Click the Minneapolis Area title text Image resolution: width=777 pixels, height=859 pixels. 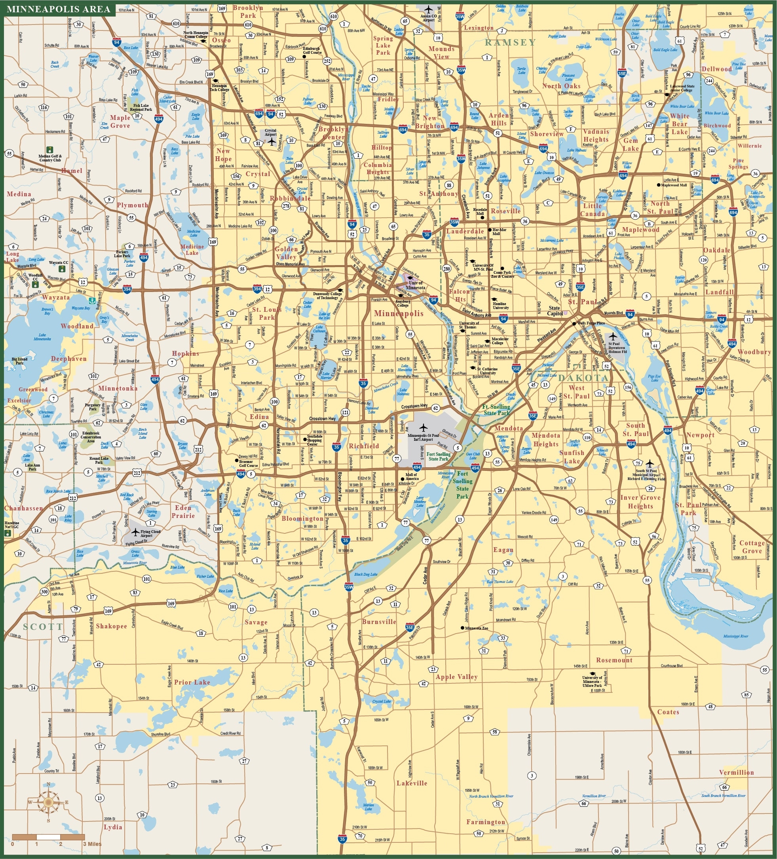pyautogui.click(x=59, y=9)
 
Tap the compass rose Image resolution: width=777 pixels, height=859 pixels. pyautogui.click(x=48, y=802)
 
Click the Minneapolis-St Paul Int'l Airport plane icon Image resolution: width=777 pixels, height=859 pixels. pyautogui.click(x=423, y=427)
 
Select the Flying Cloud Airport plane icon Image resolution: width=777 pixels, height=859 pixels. pyautogui.click(x=135, y=532)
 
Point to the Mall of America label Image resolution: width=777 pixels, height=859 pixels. pyautogui.click(x=412, y=476)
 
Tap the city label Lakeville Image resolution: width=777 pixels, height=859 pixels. pyautogui.click(x=411, y=783)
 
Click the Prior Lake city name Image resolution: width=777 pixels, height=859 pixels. pyautogui.click(x=192, y=682)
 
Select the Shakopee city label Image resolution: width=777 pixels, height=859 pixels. pyautogui.click(x=111, y=626)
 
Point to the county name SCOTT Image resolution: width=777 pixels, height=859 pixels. pyautogui.click(x=43, y=627)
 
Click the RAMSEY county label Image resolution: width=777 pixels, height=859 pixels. pyautogui.click(x=510, y=42)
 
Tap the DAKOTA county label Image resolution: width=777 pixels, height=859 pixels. pyautogui.click(x=583, y=378)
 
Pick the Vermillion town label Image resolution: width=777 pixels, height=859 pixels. pyautogui.click(x=736, y=772)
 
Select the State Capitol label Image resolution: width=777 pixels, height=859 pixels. pyautogui.click(x=554, y=311)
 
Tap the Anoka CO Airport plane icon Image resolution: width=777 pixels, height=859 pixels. pyautogui.click(x=428, y=10)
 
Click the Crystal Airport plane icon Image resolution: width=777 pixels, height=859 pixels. pyautogui.click(x=272, y=142)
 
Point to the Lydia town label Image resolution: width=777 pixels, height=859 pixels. pyautogui.click(x=113, y=827)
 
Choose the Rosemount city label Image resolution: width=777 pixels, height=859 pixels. pyautogui.click(x=614, y=660)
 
